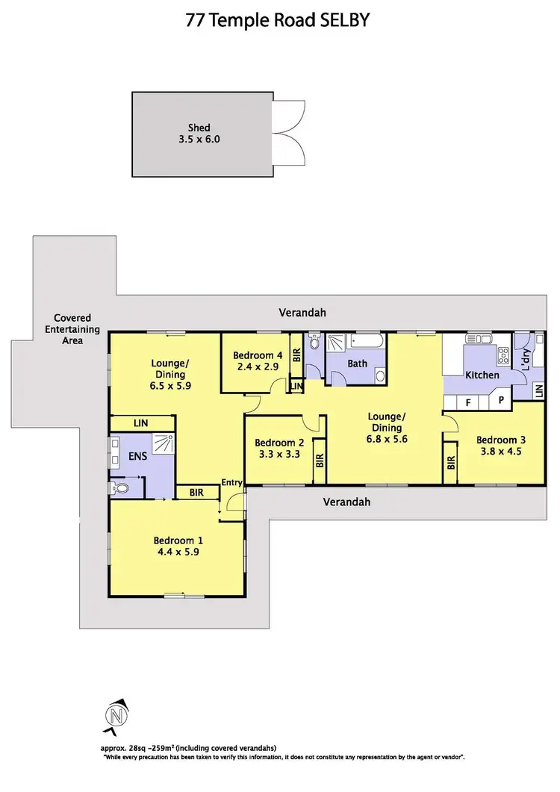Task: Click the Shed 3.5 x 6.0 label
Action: pos(199,133)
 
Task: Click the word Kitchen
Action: pos(482,375)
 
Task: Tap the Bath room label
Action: pos(357,364)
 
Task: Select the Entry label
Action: pos(231,483)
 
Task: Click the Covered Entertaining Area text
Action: pos(72,329)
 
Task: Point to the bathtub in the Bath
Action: pos(367,343)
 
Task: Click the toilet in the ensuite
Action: pos(119,489)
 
